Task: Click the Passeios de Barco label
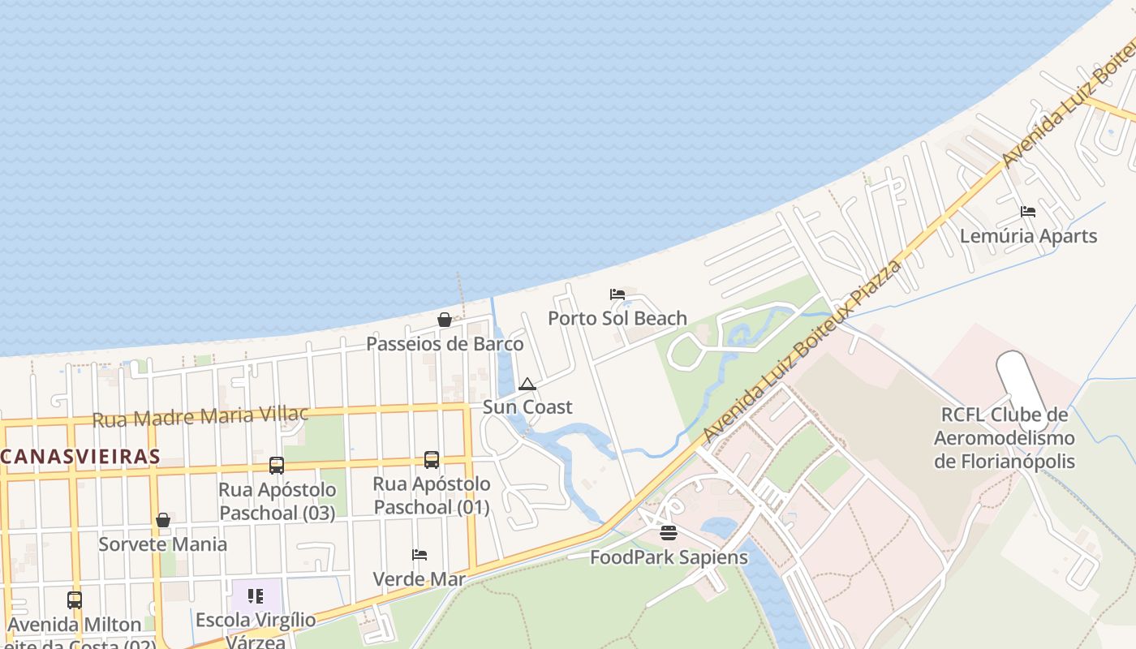pos(445,344)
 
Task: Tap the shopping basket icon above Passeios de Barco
pos(445,320)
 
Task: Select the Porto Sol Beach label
pos(617,318)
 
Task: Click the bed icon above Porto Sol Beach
pos(617,294)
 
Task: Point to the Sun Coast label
pos(527,407)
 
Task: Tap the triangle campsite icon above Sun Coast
pos(527,384)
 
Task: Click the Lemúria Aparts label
pos(1028,236)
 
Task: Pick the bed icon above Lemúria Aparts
pos(1028,212)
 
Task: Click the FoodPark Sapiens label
pos(669,557)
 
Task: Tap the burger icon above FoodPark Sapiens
pos(669,533)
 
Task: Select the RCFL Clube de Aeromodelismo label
pos(1005,438)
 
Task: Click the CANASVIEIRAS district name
pos(80,456)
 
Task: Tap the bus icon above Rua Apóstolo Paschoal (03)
pos(277,466)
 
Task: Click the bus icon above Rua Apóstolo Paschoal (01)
pos(432,460)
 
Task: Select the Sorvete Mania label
pos(163,544)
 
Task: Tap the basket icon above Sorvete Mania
pos(163,520)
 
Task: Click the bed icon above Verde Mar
pos(420,555)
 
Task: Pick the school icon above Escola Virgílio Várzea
pos(256,597)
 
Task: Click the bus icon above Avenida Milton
pos(75,600)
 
